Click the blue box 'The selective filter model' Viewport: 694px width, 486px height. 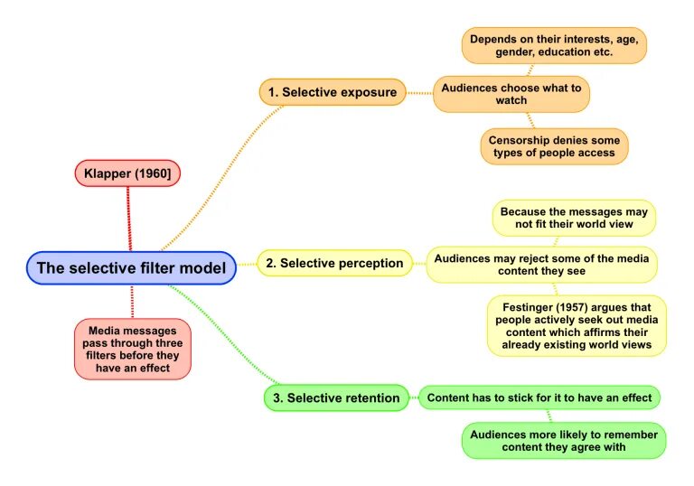point(132,267)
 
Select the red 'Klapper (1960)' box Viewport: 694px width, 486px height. point(128,173)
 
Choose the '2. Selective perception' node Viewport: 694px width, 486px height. point(334,264)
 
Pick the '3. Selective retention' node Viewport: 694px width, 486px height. point(336,397)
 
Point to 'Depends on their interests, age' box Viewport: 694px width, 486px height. point(554,45)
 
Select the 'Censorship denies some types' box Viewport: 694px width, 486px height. point(554,146)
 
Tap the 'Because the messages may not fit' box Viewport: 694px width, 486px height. point(574,218)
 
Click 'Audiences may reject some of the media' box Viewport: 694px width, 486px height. point(541,264)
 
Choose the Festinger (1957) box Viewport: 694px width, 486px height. point(577,325)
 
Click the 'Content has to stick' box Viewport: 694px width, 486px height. point(539,397)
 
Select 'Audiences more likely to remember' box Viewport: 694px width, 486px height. point(565,440)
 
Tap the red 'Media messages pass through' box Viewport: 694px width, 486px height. point(133,349)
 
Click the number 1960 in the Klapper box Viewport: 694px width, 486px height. point(155,173)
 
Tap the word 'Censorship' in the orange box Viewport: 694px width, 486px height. point(520,140)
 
